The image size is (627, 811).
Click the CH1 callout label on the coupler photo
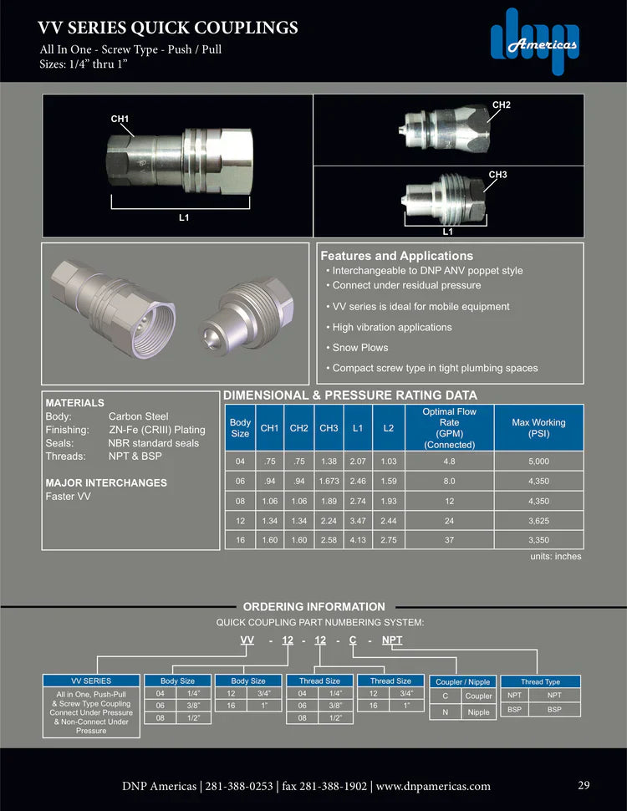click(x=120, y=120)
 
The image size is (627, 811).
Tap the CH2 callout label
click(x=501, y=105)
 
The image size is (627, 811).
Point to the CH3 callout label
click(x=497, y=175)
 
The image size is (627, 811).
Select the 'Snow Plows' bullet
click(x=360, y=348)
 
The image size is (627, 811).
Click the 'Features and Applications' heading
click(x=396, y=256)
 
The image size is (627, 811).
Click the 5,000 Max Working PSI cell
click(x=538, y=461)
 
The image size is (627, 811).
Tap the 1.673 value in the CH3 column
click(x=329, y=481)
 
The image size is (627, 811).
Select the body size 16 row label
click(x=240, y=540)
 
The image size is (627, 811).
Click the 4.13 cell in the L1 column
click(x=358, y=540)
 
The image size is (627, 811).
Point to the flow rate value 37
click(x=450, y=540)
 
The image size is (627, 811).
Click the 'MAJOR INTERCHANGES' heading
click(x=106, y=482)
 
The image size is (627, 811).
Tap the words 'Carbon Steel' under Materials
click(x=138, y=416)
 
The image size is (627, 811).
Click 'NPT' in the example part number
click(x=392, y=640)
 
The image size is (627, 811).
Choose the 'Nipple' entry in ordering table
click(x=478, y=712)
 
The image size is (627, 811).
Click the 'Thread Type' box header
click(x=540, y=682)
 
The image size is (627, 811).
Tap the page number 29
click(x=584, y=785)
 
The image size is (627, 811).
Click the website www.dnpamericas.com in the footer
click(x=433, y=786)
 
